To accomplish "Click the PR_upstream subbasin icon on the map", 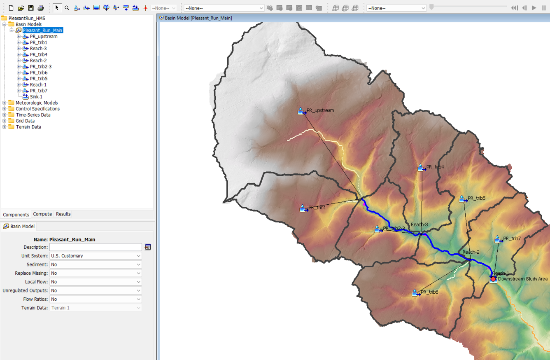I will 302,111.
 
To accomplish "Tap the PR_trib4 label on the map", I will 435,167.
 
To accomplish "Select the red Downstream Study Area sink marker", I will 493,279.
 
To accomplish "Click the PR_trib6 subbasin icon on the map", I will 416,293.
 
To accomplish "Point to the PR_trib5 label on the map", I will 476,198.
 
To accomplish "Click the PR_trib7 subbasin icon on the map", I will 498,239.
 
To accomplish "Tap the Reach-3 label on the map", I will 419,224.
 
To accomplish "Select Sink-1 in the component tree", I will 36,97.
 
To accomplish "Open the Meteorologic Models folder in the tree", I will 36,103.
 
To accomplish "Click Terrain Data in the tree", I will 28,127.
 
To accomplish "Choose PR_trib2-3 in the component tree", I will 40,67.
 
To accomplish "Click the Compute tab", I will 42,214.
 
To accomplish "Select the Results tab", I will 63,214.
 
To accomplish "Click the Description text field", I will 96,247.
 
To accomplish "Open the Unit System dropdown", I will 96,256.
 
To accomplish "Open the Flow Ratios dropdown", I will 96,299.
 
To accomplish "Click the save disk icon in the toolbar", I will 31,8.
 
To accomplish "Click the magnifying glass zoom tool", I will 67,8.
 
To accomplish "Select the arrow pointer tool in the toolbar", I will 57,8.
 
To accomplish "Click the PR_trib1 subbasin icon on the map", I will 303,208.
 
